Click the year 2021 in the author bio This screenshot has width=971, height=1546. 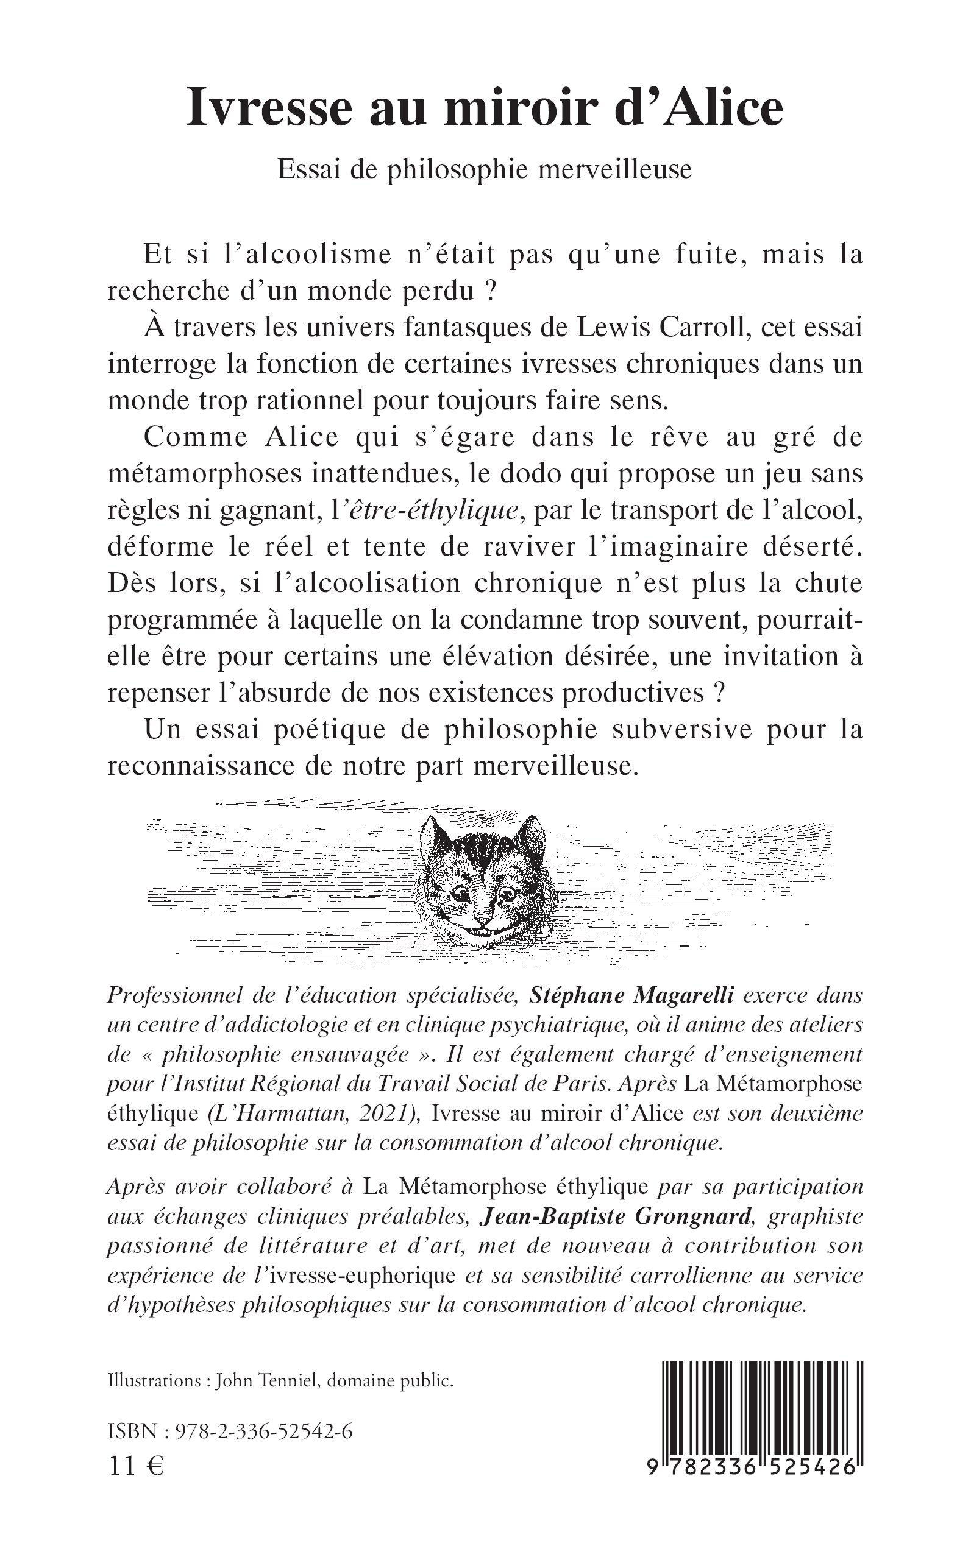[386, 1114]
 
